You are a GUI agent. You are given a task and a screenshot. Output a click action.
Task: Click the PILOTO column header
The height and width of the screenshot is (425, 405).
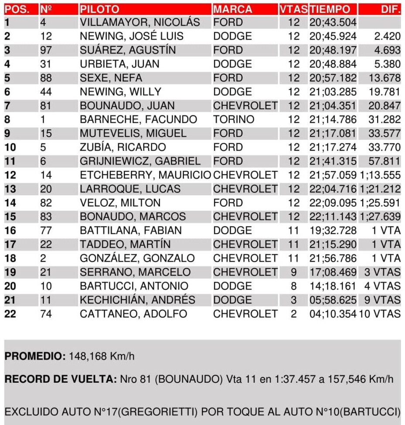[99, 9]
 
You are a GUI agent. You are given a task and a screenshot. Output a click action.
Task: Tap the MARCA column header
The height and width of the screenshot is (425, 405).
[233, 9]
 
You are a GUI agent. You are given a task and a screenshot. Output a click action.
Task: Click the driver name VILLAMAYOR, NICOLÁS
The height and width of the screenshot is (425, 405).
[140, 23]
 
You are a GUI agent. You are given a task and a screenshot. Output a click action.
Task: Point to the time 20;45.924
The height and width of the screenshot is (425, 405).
[333, 37]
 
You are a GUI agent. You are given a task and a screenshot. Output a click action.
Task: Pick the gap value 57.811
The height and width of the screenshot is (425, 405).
[384, 162]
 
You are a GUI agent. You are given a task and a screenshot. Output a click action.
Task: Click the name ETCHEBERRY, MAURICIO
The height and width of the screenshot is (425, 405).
[145, 175]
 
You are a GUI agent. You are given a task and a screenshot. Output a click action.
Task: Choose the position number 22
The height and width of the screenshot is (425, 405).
[10, 314]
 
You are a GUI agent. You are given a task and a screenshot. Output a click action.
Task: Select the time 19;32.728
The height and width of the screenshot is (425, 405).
[333, 231]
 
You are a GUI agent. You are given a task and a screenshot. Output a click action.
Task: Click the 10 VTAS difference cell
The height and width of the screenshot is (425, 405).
[380, 314]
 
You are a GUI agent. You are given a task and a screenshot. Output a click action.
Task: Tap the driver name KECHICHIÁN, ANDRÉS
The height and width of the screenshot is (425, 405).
[137, 300]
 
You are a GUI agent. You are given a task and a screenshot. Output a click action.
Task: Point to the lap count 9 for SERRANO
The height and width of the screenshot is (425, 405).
[294, 273]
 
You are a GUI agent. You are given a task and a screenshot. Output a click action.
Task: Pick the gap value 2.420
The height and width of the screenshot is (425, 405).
[387, 37]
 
